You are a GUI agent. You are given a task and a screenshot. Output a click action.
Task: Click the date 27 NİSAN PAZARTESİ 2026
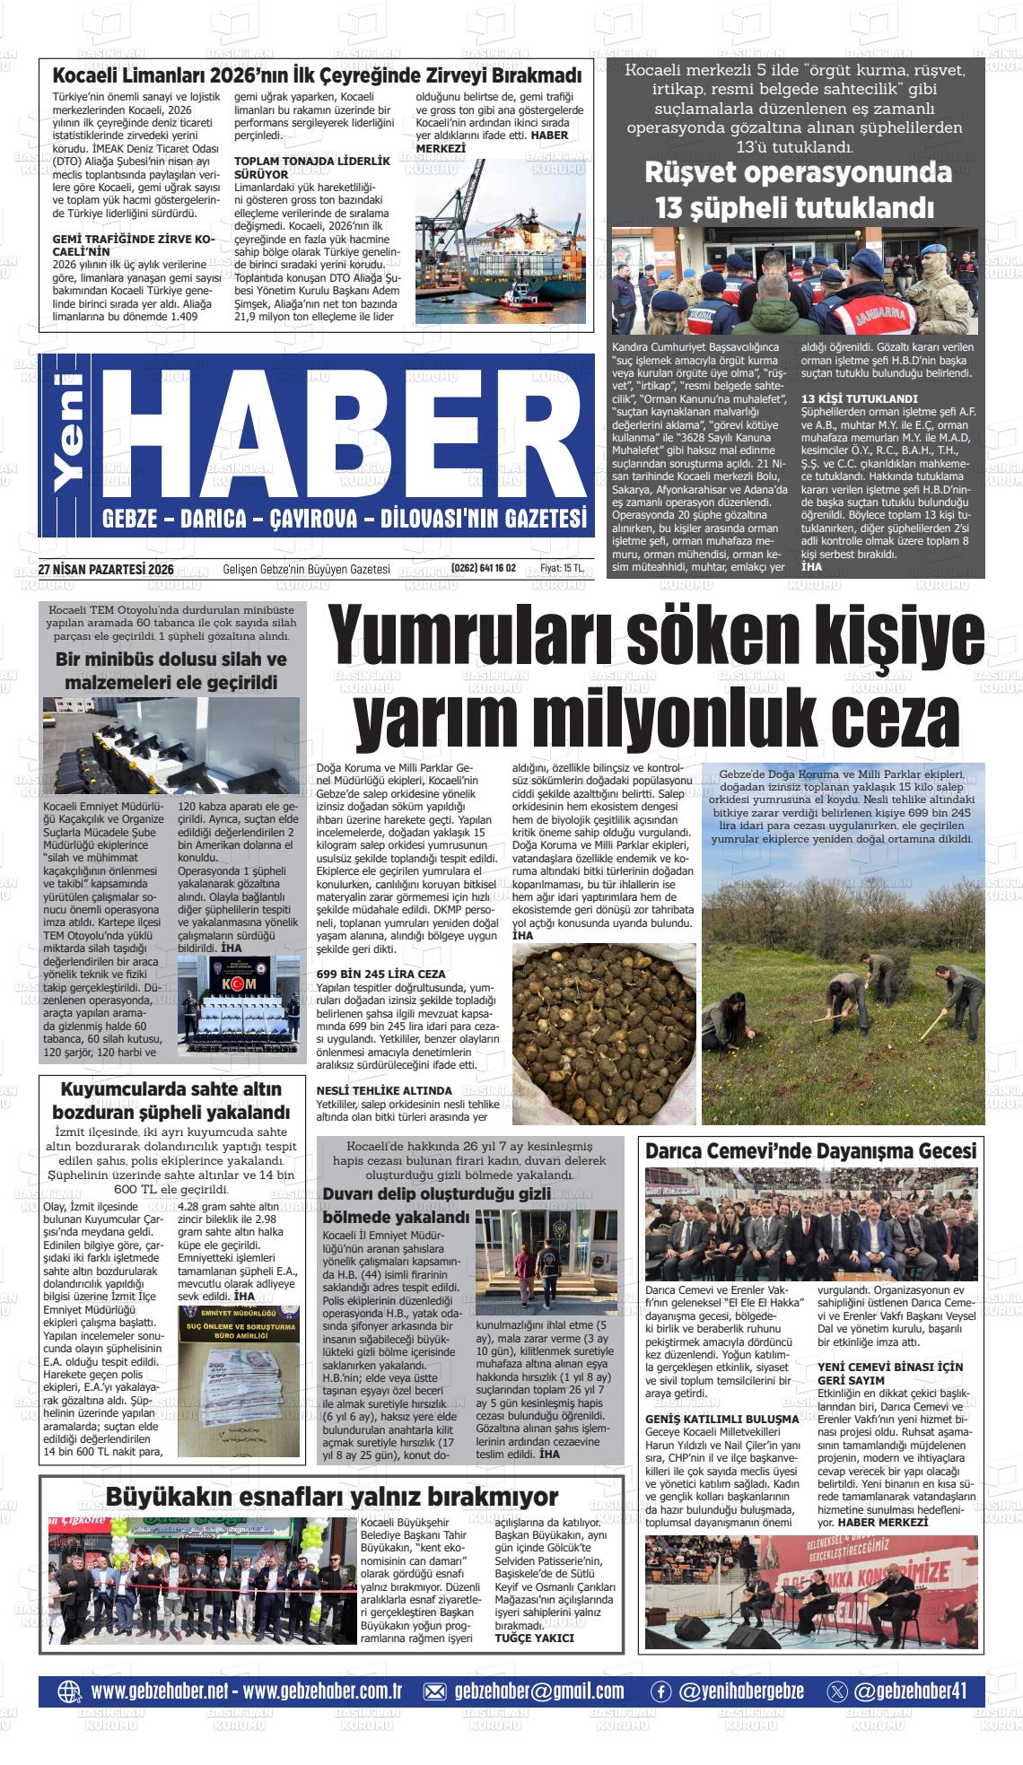[x=106, y=568]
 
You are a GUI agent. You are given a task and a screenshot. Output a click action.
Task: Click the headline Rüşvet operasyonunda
[x=799, y=172]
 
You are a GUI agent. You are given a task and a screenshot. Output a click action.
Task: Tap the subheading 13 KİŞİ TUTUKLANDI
[x=847, y=398]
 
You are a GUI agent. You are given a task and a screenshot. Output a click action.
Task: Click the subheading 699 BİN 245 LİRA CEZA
[x=381, y=974]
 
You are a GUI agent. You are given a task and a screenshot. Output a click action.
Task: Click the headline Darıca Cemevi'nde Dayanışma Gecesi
[x=810, y=1150]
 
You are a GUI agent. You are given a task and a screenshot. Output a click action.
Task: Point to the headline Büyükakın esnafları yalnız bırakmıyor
[x=332, y=1496]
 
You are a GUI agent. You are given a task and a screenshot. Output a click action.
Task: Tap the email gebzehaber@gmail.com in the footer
[x=539, y=1691]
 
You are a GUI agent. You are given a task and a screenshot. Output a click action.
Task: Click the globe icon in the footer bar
[x=69, y=1691]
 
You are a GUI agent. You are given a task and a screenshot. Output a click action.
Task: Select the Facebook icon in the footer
[x=660, y=1691]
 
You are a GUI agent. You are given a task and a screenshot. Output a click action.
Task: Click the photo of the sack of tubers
[x=603, y=1033]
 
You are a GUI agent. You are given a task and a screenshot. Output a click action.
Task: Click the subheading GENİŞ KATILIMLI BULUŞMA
[x=722, y=1419]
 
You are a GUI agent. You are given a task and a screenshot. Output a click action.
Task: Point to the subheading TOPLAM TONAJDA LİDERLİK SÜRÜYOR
[x=312, y=167]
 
